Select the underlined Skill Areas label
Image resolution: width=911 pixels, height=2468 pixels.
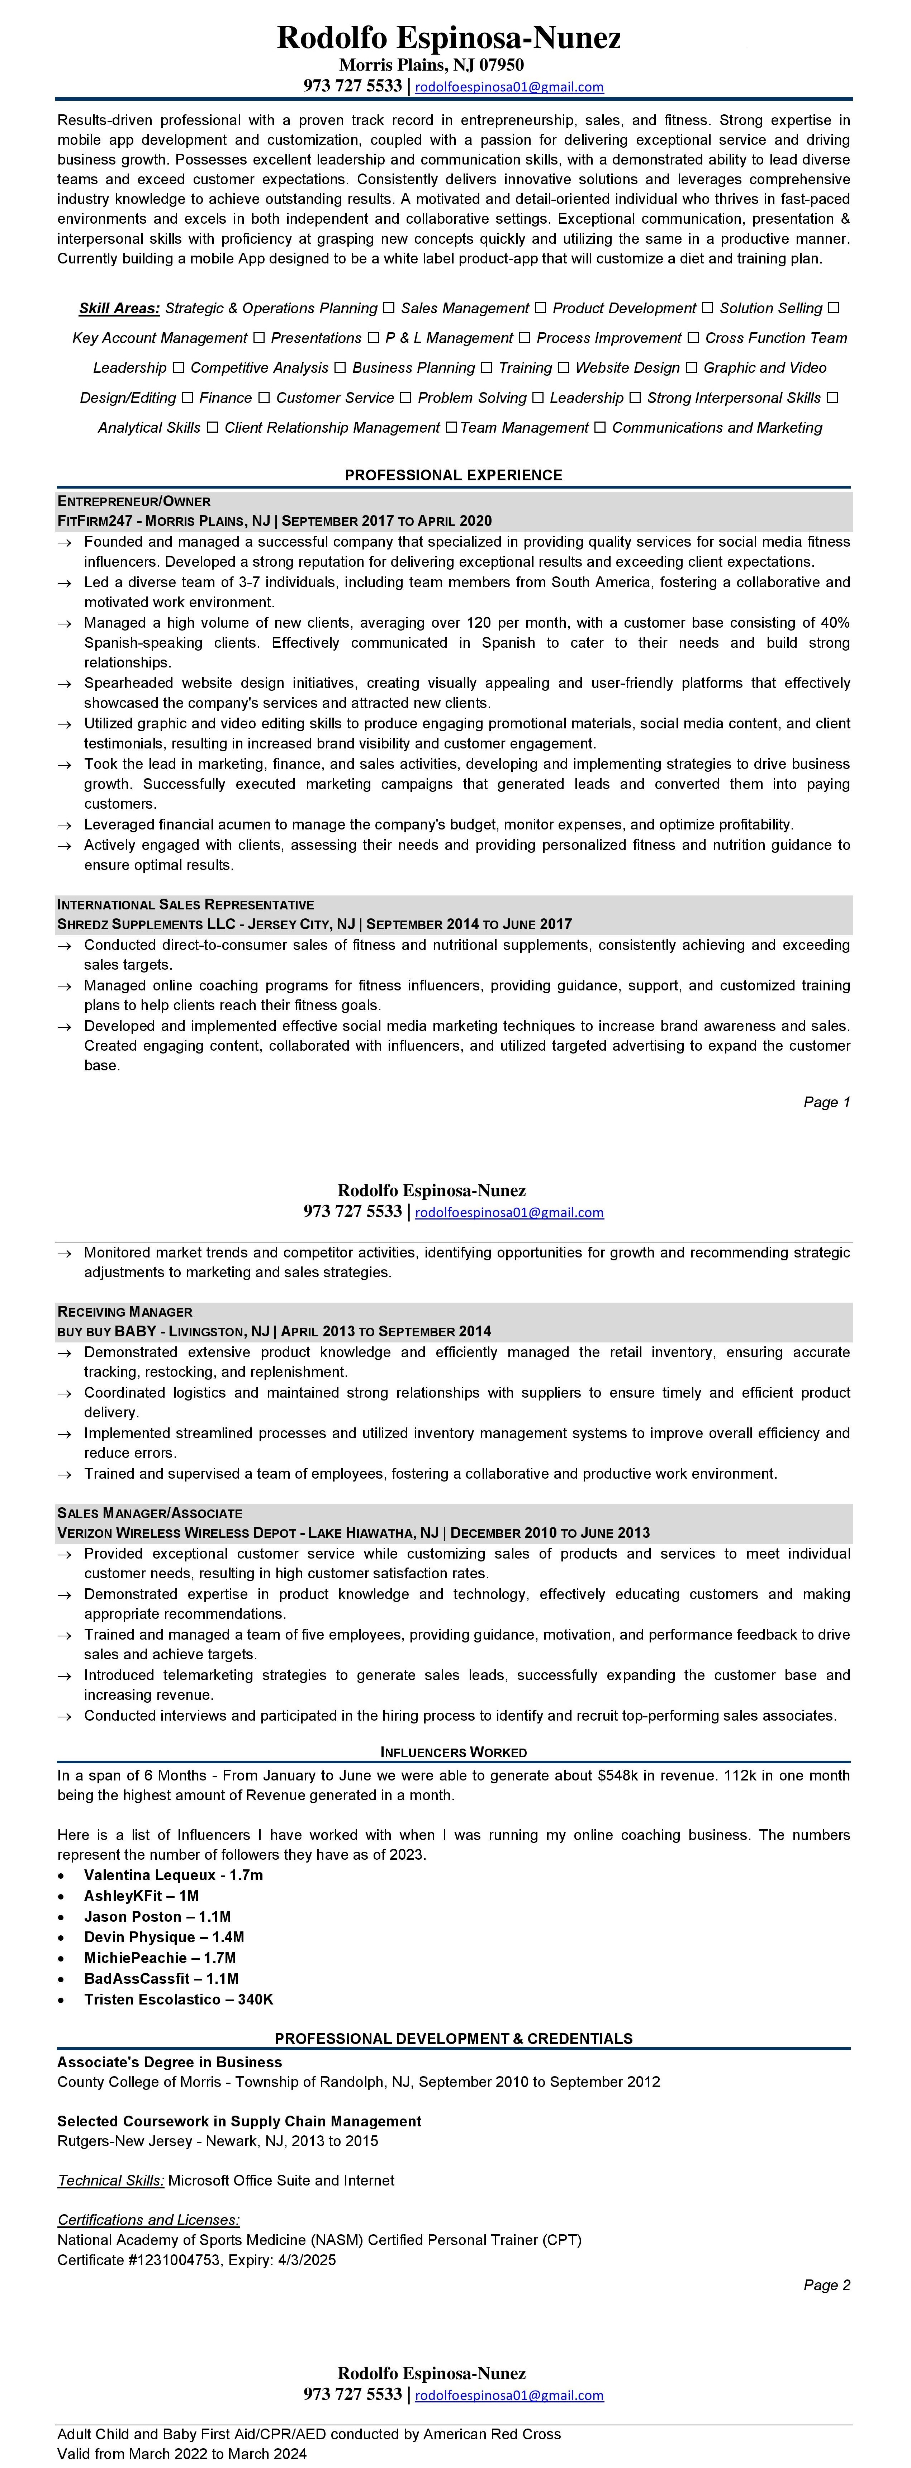click(x=119, y=309)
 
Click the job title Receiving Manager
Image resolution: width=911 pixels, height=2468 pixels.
click(x=124, y=1312)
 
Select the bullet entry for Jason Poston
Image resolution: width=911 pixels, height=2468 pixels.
click(x=157, y=1916)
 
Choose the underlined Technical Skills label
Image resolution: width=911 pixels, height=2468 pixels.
click(x=110, y=2181)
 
